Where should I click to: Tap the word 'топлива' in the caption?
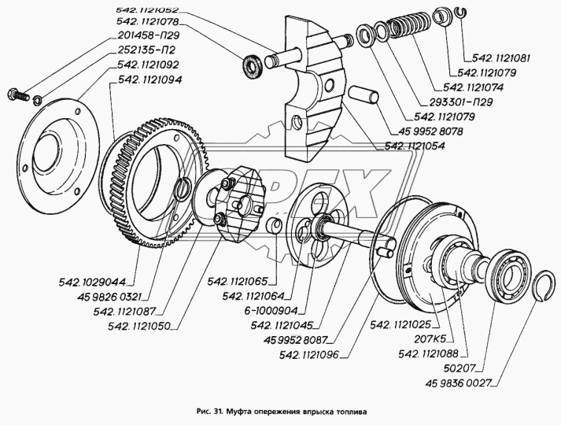pos(349,410)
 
